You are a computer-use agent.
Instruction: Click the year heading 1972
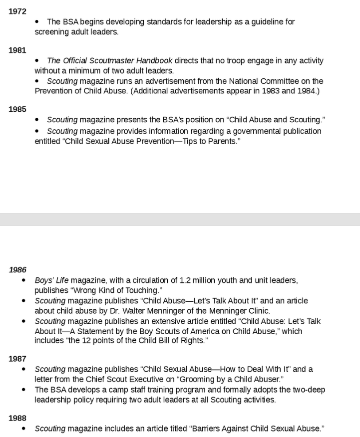[17, 11]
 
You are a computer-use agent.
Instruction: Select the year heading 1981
[17, 50]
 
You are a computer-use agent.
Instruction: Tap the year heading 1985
[17, 109]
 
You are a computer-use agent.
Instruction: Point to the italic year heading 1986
[17, 269]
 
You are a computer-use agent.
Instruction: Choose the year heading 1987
[17, 358]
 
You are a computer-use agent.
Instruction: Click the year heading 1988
[17, 418]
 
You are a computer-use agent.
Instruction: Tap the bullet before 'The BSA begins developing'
[37, 22]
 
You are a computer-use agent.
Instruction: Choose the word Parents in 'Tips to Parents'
[221, 141]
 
